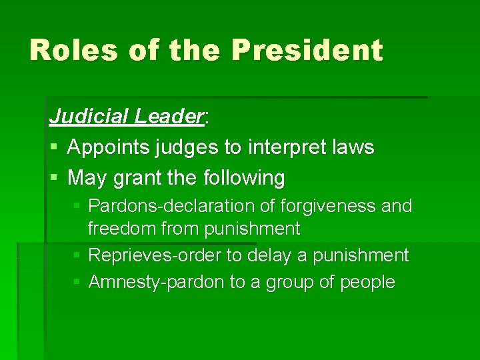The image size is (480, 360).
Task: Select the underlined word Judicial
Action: pyautogui.click(x=89, y=117)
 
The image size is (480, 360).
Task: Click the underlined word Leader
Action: pyautogui.click(x=168, y=117)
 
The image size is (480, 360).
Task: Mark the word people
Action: pyautogui.click(x=367, y=283)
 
